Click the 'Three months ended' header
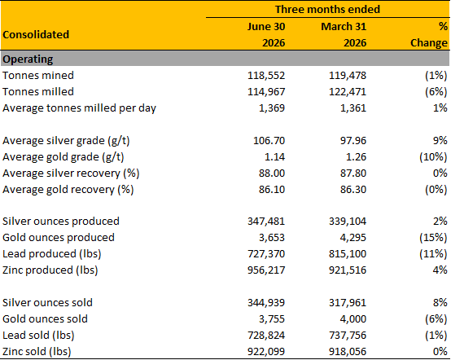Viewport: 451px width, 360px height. (x=327, y=9)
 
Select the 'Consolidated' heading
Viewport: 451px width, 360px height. (x=36, y=34)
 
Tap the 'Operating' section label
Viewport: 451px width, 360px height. (x=28, y=59)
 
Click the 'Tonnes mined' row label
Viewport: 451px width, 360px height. (x=38, y=76)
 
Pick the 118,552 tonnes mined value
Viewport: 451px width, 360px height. (x=266, y=76)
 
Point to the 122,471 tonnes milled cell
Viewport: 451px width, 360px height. (x=348, y=92)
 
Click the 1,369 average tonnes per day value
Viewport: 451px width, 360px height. (x=272, y=108)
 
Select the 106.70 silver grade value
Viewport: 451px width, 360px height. (x=269, y=141)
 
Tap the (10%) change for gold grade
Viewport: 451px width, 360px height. (x=433, y=157)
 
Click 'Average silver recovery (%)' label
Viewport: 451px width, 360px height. (x=71, y=173)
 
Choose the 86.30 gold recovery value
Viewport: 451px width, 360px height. (x=353, y=190)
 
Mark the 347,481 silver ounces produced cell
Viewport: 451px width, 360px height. (x=266, y=222)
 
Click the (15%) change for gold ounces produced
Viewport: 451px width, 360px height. (x=433, y=238)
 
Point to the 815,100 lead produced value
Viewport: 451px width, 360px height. (x=348, y=254)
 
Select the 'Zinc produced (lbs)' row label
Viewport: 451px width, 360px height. (x=50, y=270)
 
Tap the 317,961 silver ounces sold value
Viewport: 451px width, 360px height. (x=348, y=303)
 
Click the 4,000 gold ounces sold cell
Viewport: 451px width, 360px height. (x=353, y=319)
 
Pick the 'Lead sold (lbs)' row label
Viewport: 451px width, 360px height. (x=38, y=336)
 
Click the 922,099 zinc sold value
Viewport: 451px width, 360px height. (x=266, y=352)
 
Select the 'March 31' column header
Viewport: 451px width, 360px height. (x=344, y=27)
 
